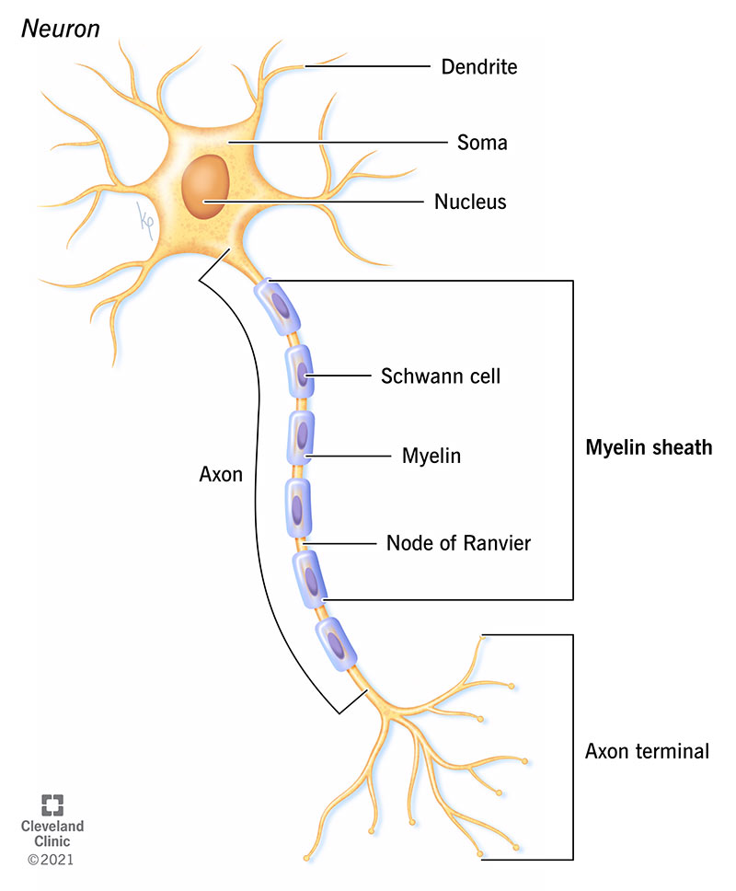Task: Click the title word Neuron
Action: pos(62,28)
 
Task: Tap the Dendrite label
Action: pos(478,67)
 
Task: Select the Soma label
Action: pos(481,143)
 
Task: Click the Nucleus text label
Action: pos(470,201)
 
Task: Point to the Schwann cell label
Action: pos(441,376)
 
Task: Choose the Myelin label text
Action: pos(431,456)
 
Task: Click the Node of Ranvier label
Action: pos(458,543)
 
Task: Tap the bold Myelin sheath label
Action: pos(649,448)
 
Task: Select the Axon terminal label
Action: pos(647,751)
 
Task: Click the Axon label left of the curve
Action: pos(221,475)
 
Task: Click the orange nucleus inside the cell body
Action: pos(203,187)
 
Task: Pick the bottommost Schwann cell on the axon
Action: pos(336,641)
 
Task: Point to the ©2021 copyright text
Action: pos(51,860)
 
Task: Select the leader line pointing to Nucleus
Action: pos(313,201)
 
